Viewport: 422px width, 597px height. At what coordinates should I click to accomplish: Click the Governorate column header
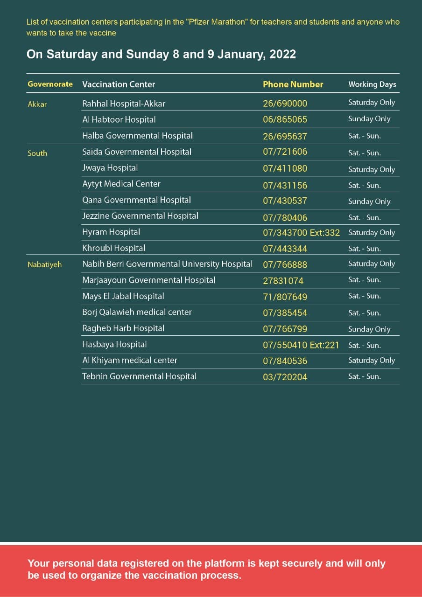tap(50, 84)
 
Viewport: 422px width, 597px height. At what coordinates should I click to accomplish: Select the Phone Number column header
tap(293, 84)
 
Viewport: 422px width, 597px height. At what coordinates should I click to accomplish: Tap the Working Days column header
tap(372, 84)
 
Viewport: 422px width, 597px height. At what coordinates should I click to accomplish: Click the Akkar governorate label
tap(37, 104)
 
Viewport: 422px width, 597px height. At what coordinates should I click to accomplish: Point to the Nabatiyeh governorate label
tap(44, 264)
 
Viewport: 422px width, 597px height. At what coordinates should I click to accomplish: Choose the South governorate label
tap(37, 153)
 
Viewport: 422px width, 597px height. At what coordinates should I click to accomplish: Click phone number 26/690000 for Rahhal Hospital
tap(285, 104)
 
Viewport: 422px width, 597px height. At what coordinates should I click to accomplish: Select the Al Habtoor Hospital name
tap(119, 119)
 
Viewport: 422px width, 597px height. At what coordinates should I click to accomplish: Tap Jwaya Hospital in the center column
tap(110, 167)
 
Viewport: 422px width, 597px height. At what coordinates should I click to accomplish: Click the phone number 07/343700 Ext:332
tap(301, 232)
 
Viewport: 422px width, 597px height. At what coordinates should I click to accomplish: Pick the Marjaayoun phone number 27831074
tap(283, 281)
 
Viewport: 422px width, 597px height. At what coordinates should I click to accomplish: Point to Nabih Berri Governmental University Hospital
tap(167, 264)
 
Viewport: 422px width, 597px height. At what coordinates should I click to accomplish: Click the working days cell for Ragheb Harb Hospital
tap(369, 329)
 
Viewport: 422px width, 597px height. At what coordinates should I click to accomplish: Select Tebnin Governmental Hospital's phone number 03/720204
tap(285, 377)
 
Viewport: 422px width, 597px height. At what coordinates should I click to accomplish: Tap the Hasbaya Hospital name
tap(114, 344)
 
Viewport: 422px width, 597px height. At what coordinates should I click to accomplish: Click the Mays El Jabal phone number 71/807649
tap(285, 297)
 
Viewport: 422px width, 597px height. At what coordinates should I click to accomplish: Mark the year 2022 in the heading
tap(282, 54)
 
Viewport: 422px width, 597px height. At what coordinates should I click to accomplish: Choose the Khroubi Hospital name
tap(113, 248)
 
